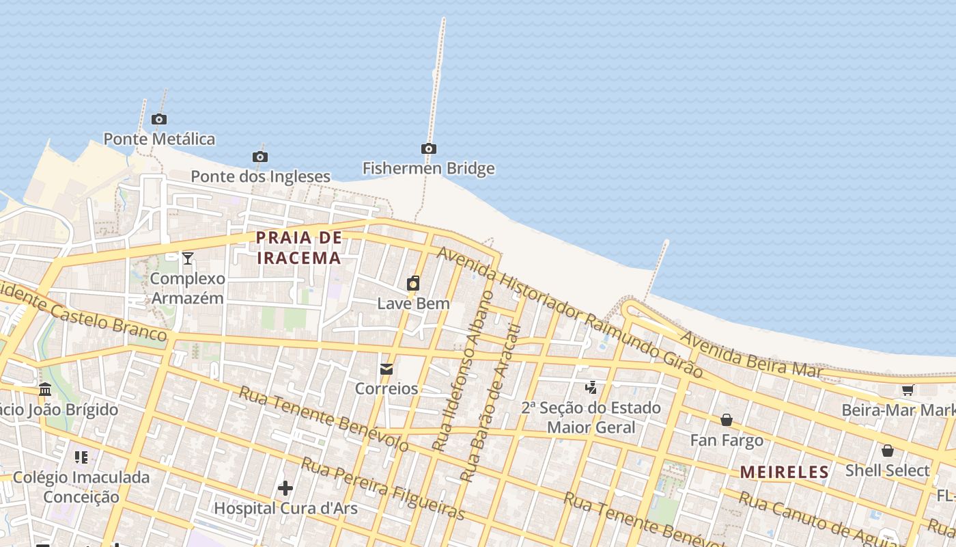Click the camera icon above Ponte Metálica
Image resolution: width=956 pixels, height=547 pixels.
pos(159,120)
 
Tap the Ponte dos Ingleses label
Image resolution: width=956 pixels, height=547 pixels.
pos(260,176)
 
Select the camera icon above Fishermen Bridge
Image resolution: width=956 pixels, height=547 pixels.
pos(428,149)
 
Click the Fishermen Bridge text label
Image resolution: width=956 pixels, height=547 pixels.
pos(428,168)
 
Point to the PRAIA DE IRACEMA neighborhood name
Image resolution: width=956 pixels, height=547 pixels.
pos(298,248)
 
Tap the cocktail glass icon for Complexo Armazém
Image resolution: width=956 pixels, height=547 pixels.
pos(188,258)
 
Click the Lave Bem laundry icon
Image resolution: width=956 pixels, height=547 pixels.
pos(413,283)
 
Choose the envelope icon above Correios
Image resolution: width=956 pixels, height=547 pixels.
pos(386,369)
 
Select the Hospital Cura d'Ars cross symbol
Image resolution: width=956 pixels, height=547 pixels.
pos(285,488)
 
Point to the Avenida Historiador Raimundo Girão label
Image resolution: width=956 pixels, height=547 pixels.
pos(570,312)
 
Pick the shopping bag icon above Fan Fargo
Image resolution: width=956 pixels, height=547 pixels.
pos(727,420)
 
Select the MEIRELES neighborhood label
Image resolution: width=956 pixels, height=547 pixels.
pos(785,472)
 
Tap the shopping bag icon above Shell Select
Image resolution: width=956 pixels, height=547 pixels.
pos(888,451)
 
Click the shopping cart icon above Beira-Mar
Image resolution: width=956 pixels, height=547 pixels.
pos(908,390)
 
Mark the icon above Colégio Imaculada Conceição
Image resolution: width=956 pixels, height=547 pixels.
pos(81,457)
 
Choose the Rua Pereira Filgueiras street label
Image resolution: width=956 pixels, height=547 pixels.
pos(383,490)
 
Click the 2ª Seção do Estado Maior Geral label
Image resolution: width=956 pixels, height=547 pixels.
pos(591,417)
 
